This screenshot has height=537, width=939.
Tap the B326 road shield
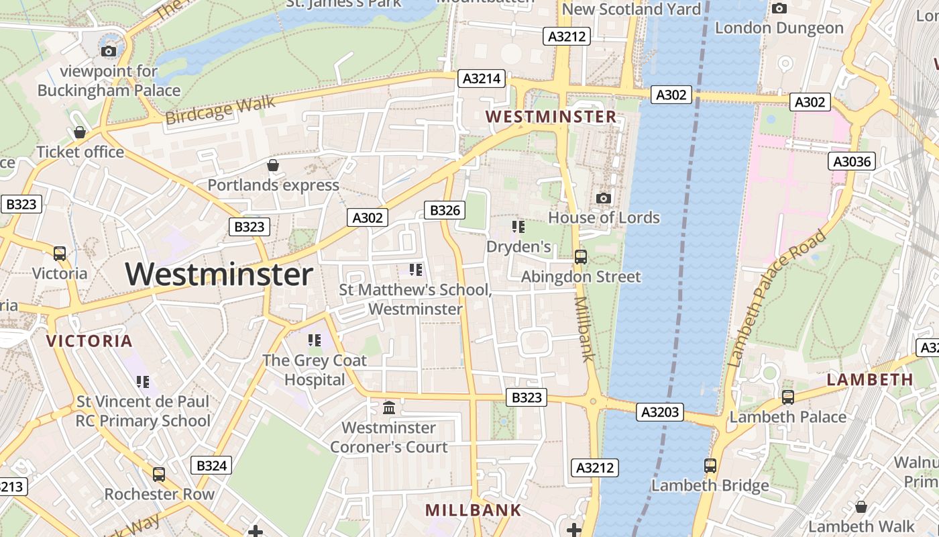point(445,210)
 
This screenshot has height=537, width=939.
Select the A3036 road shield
point(852,161)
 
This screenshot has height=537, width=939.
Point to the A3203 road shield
point(660,411)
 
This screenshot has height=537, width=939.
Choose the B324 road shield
point(211,465)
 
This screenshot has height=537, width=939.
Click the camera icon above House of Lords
point(604,198)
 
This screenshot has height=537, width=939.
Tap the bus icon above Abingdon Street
point(581,256)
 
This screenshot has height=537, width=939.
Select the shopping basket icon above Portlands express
point(273,164)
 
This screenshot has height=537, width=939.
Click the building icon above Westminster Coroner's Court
point(388,407)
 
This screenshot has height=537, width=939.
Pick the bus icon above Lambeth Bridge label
point(710,465)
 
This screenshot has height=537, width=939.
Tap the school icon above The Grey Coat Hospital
point(315,340)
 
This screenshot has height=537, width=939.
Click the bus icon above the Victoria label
point(60,253)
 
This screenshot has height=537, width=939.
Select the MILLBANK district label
point(473,509)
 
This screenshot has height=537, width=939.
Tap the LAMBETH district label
point(870,379)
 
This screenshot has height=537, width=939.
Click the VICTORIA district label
point(89,340)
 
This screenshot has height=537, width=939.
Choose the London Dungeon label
point(779,28)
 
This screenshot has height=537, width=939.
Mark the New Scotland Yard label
point(631,9)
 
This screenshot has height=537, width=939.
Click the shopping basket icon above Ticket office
point(80,132)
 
